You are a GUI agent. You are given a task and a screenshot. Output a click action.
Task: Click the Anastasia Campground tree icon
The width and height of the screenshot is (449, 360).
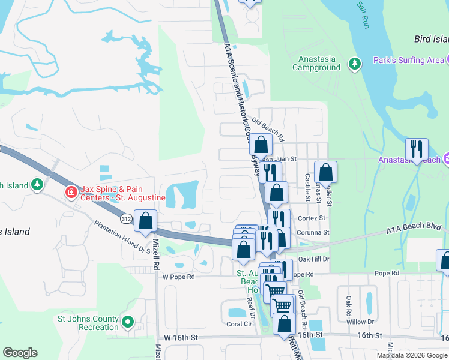[354, 63]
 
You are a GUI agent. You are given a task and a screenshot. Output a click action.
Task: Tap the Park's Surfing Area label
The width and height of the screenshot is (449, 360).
[408, 60]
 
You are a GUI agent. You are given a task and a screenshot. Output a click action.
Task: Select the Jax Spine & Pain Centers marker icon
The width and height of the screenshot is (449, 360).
[71, 193]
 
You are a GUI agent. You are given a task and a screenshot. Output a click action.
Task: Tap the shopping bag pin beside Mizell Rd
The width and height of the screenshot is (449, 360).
[146, 221]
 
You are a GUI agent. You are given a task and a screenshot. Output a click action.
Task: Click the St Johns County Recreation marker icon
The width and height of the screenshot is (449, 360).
[127, 322]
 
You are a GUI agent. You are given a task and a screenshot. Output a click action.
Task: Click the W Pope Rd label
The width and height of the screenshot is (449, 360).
[179, 277]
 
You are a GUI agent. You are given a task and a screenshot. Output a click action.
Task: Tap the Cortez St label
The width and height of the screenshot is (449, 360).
[312, 218]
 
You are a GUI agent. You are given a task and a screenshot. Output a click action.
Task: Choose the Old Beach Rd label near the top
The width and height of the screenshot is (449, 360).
[267, 122]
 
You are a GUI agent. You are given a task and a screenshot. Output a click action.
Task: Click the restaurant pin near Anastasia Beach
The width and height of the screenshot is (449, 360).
[417, 150]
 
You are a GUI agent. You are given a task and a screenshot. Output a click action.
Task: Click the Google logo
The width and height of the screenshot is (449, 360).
[20, 353]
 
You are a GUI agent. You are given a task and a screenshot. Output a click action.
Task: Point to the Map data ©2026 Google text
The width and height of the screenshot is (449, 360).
[411, 355]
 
